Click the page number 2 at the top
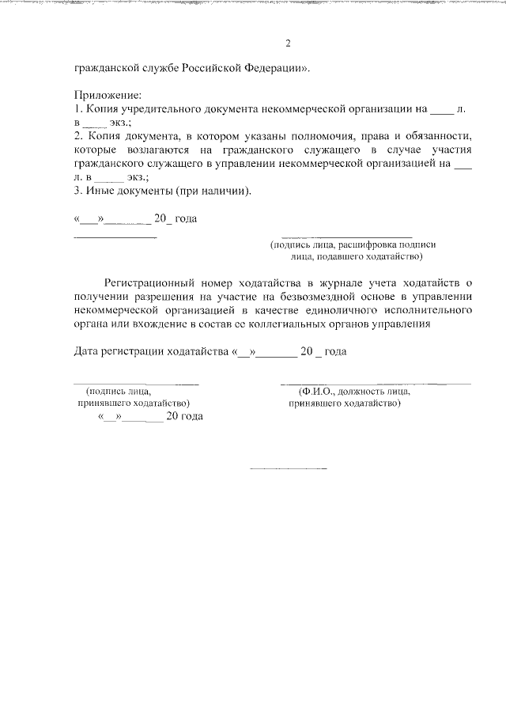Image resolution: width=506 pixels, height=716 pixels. (x=289, y=43)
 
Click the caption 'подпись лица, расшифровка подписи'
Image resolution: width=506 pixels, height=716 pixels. (x=353, y=245)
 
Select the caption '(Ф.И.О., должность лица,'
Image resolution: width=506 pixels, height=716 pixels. (x=353, y=392)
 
